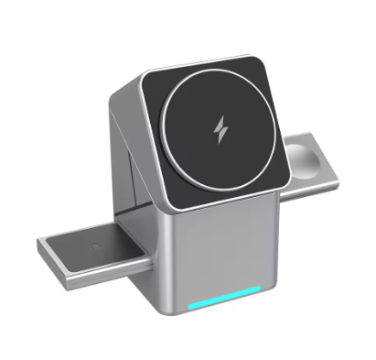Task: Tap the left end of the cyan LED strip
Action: click(189, 307)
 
